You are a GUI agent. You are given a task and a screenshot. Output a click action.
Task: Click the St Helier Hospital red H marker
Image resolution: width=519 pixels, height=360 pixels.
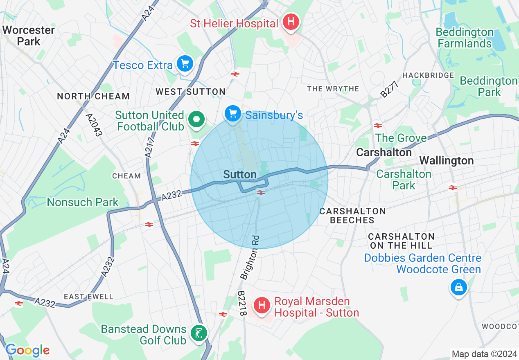(x=291, y=21)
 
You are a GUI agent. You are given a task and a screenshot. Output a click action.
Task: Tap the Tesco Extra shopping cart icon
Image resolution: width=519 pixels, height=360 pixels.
(x=185, y=64)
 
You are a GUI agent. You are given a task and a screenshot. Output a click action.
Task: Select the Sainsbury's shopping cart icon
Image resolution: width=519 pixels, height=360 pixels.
(x=233, y=113)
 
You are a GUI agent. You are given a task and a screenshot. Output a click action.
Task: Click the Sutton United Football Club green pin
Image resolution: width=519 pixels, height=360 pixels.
(x=196, y=120)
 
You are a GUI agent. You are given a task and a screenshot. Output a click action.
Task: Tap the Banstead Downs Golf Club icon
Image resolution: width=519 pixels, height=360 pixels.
(x=199, y=333)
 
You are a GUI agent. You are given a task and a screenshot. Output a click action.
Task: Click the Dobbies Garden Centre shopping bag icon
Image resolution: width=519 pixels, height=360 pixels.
(x=458, y=287)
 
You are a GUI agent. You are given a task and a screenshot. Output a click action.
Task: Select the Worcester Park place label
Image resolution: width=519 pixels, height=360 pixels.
(x=28, y=36)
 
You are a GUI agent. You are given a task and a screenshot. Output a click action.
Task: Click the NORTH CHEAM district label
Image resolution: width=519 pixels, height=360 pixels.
(x=93, y=96)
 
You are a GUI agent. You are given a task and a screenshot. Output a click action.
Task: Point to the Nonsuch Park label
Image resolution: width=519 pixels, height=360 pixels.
(x=83, y=202)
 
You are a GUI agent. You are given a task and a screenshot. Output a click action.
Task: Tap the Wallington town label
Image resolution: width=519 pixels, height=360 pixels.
(x=447, y=160)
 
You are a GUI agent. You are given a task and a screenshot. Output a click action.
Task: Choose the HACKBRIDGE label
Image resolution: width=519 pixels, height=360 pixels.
(x=428, y=75)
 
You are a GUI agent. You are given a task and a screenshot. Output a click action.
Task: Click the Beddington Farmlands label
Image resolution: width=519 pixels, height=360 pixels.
(x=464, y=38)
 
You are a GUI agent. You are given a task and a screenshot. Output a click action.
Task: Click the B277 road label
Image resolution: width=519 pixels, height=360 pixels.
(x=390, y=89)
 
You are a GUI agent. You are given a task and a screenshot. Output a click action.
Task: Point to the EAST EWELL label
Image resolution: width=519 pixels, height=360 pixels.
(x=88, y=296)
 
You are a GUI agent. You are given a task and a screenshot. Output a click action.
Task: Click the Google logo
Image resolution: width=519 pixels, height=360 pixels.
(x=27, y=350)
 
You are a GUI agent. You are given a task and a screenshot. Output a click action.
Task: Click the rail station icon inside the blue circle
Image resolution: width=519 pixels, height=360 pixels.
(x=260, y=192)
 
